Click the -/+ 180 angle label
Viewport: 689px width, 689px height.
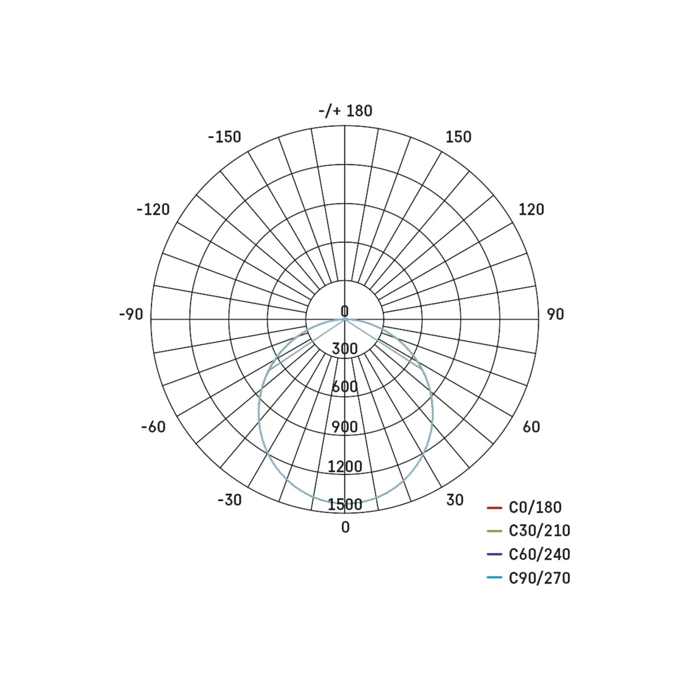[345, 111]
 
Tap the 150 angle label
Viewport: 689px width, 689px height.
[458, 137]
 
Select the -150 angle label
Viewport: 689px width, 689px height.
[225, 137]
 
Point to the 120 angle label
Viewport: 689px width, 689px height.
[531, 209]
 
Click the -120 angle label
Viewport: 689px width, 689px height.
[153, 209]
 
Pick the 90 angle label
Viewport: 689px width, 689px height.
[555, 314]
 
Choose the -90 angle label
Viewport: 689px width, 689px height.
[131, 314]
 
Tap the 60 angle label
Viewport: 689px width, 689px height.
[531, 427]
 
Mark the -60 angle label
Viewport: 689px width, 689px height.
[153, 427]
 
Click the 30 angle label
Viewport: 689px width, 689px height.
[455, 500]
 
